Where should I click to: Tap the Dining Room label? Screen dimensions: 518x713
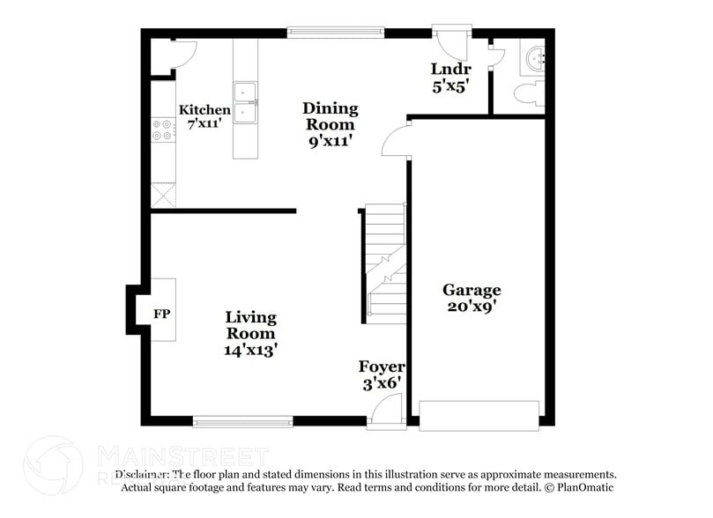point(331,124)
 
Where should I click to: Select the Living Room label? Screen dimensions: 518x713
point(250,332)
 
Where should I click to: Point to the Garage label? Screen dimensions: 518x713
point(472,298)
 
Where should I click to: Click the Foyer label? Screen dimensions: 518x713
point(382,374)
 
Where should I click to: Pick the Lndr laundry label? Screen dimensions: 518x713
point(450,78)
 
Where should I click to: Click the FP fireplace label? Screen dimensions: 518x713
point(161,314)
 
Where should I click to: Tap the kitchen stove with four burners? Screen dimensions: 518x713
point(163,130)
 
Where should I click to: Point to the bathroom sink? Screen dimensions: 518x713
point(534,58)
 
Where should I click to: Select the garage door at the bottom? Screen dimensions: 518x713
point(479,415)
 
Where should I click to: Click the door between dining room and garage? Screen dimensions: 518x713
point(397,140)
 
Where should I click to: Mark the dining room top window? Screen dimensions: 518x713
point(335,33)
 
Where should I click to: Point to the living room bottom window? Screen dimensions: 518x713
point(242,421)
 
